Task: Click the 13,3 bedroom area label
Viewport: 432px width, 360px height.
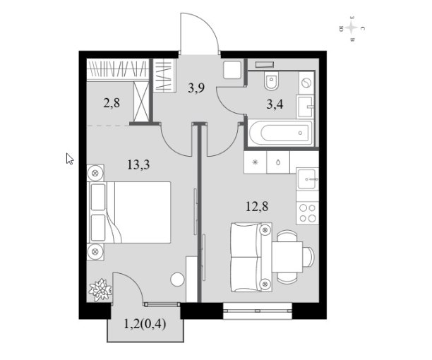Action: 138,165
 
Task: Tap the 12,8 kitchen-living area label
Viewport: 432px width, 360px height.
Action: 257,206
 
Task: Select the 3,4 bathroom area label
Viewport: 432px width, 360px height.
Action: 275,104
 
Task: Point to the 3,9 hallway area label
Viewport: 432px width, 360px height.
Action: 196,88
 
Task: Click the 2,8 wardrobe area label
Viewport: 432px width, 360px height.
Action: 112,103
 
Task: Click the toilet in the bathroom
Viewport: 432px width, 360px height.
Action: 272,80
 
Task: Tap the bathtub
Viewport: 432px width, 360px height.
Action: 281,133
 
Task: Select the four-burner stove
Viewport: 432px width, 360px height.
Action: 308,212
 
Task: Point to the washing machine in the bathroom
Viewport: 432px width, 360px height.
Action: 306,83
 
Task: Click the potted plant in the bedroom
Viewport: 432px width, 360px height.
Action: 100,289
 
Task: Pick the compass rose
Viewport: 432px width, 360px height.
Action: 352,28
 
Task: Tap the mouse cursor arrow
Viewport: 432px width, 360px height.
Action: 70,159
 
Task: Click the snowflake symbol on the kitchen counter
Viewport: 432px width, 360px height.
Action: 255,162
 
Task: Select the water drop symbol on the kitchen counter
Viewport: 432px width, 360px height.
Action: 278,162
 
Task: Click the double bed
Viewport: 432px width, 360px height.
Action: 128,212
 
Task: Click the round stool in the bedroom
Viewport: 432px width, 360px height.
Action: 177,280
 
